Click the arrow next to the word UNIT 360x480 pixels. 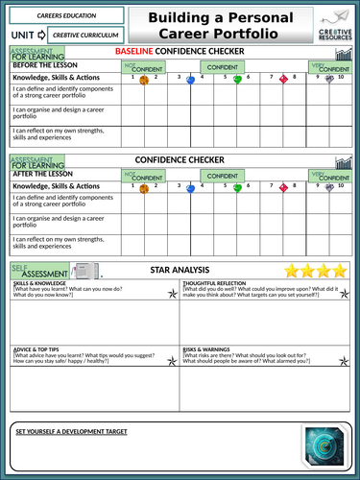pyautogui.click(x=43, y=35)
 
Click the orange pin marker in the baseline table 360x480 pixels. pyautogui.click(x=143, y=81)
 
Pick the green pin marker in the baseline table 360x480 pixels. pyautogui.click(x=237, y=81)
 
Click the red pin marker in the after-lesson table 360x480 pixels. pyautogui.click(x=283, y=189)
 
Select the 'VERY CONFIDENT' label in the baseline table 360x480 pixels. pyautogui.click(x=332, y=68)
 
